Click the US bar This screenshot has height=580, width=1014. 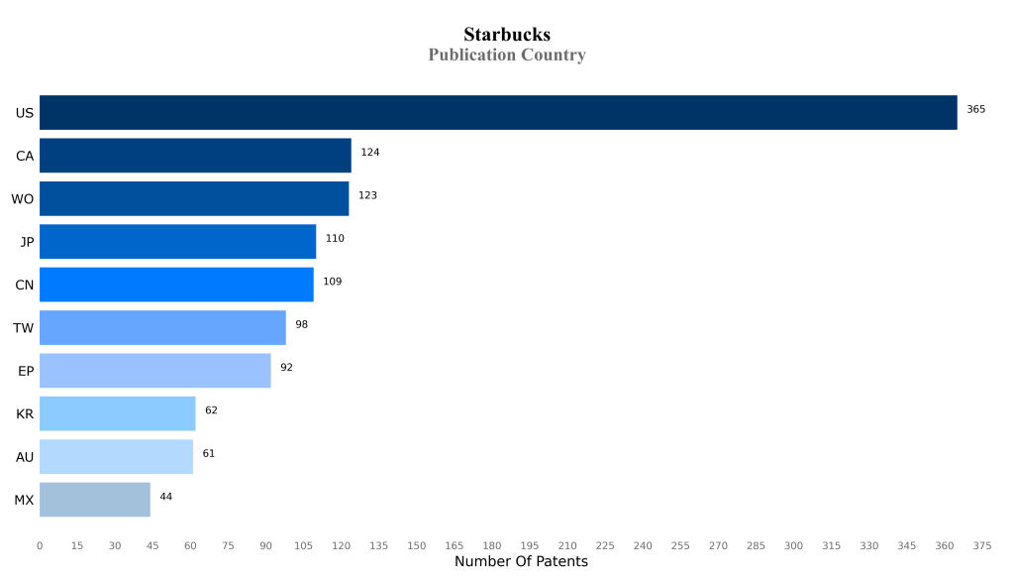coord(498,113)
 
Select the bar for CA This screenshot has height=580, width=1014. coord(195,156)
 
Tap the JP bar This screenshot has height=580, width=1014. coord(177,242)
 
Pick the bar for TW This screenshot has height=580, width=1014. coord(162,328)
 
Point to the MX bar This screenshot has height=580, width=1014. coord(95,500)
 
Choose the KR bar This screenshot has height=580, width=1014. coord(117,413)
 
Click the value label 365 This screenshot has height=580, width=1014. coord(975,109)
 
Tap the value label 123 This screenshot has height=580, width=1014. coord(367,195)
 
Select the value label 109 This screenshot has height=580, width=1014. coord(332,282)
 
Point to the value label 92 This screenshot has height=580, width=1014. coord(286,368)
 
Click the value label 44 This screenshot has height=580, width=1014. coord(165,497)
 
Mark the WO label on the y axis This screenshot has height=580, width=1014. coord(23,199)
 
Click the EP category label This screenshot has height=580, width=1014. coord(26,371)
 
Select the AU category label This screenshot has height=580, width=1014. coord(25,457)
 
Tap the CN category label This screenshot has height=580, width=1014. coord(25,286)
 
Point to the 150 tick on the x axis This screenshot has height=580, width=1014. coord(417,545)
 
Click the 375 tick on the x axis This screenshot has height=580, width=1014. coord(982,545)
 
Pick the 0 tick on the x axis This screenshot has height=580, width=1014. coord(40,545)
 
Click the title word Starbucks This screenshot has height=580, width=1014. coord(507,35)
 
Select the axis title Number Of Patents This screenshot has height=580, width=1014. coord(521,562)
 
